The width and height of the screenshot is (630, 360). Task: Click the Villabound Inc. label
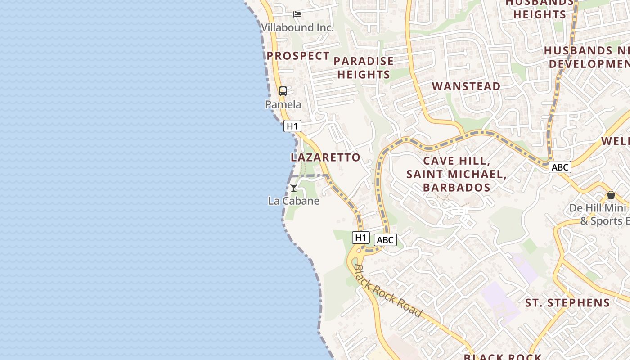pyautogui.click(x=297, y=27)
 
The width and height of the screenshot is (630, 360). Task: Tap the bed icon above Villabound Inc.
pyautogui.click(x=297, y=14)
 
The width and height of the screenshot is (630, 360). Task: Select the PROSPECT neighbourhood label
pyautogui.click(x=298, y=56)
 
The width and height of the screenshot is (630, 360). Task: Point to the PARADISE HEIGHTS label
pyautogui.click(x=364, y=67)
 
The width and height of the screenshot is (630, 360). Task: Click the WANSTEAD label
pyautogui.click(x=466, y=86)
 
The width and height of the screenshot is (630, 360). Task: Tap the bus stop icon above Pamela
pyautogui.click(x=283, y=91)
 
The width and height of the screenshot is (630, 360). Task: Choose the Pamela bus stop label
pyautogui.click(x=283, y=104)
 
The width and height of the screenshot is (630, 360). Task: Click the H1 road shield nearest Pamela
pyautogui.click(x=292, y=126)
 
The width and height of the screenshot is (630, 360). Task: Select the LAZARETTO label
pyautogui.click(x=325, y=157)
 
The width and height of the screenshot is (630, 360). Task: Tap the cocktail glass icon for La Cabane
pyautogui.click(x=293, y=188)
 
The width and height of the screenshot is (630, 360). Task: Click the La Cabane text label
pyautogui.click(x=293, y=201)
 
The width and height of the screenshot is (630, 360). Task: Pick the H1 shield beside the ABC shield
pyautogui.click(x=361, y=237)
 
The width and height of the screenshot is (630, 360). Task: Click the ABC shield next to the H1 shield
pyautogui.click(x=385, y=240)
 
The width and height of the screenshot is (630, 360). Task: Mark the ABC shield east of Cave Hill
pyautogui.click(x=560, y=167)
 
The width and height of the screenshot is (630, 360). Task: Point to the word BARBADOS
pyautogui.click(x=456, y=187)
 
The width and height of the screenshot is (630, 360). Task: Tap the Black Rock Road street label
pyautogui.click(x=387, y=290)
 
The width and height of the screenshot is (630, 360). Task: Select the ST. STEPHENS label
pyautogui.click(x=567, y=303)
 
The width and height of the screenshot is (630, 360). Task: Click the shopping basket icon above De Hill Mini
pyautogui.click(x=611, y=195)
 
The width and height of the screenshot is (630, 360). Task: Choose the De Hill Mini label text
pyautogui.click(x=598, y=208)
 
